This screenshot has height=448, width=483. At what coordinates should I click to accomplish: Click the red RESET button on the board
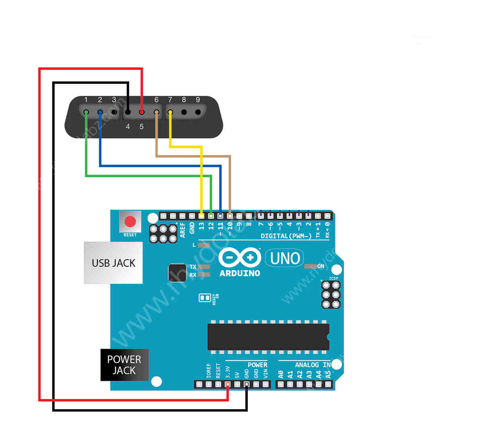point(130,222)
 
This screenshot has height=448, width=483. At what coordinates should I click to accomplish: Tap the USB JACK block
point(113,263)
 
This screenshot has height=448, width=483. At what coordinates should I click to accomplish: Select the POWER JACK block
point(124,365)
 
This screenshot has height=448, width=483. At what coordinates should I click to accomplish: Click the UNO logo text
point(285,258)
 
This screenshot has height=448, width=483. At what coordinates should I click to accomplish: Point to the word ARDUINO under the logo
point(240,273)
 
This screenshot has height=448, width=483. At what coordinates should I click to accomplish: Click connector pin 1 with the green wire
point(86,112)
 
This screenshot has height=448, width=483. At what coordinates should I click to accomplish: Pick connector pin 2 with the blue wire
point(100,112)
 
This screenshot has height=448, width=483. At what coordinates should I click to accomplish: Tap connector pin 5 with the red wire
point(142,112)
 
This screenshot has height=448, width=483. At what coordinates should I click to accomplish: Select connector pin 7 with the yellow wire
point(170,112)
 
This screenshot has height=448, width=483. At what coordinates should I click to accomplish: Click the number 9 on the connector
point(198,100)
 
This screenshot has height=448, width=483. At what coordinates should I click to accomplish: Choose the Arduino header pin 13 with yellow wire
point(201,216)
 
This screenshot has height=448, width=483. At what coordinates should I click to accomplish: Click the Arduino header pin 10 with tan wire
point(230,216)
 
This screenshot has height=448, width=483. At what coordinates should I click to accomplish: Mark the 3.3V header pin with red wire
point(228,384)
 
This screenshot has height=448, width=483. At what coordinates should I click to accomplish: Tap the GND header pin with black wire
point(247,384)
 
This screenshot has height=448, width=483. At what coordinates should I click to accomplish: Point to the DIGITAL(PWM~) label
point(286,236)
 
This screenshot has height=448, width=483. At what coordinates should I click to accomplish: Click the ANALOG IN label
point(313,365)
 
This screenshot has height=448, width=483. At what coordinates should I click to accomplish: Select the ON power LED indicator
point(310,266)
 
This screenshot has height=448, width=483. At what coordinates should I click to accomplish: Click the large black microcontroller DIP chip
point(268,337)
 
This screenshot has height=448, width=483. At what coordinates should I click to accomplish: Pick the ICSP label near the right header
point(333,278)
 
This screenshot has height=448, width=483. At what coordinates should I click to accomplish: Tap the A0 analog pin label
point(281,374)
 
